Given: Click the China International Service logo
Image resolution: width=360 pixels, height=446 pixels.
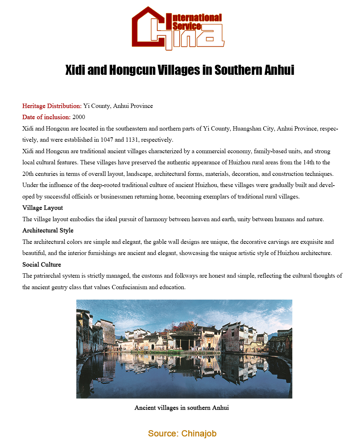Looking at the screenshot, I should pyautogui.click(x=178, y=28).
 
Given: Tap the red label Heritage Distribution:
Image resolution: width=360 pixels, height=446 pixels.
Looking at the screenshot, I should pyautogui.click(x=52, y=106).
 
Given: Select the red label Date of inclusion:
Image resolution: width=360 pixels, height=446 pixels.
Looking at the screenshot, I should pyautogui.click(x=46, y=117).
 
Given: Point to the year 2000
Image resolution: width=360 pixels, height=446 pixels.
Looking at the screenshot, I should pyautogui.click(x=79, y=117).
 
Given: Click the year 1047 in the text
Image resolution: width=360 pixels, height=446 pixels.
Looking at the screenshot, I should pyautogui.click(x=107, y=140).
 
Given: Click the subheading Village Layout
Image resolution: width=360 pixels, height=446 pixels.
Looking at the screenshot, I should pyautogui.click(x=42, y=208).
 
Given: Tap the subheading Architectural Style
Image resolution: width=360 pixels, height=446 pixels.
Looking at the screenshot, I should pyautogui.click(x=48, y=230).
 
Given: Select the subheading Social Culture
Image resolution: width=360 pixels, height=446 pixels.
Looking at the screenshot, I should pyautogui.click(x=42, y=264).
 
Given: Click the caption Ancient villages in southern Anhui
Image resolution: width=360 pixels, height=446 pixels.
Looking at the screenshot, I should pyautogui.click(x=181, y=408).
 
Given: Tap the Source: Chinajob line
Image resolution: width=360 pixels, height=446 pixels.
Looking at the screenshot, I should pyautogui.click(x=182, y=433).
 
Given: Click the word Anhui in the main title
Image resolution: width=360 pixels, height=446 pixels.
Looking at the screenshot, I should pyautogui.click(x=279, y=70).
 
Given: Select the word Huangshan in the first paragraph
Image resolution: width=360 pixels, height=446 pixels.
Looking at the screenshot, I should pyautogui.click(x=246, y=128).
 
